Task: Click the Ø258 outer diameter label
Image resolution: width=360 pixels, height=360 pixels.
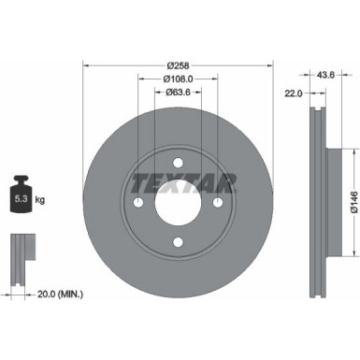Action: (x=178, y=65)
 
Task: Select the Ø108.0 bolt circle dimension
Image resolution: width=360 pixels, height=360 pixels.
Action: (x=178, y=79)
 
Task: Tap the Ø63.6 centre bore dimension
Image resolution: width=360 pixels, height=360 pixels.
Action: (x=178, y=94)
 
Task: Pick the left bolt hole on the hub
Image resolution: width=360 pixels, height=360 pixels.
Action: (x=137, y=204)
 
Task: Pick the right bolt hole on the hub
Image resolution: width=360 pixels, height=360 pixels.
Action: (x=218, y=204)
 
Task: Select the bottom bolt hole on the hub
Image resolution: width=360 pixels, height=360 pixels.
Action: (x=178, y=244)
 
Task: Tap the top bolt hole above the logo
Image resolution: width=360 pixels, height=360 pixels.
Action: (x=178, y=165)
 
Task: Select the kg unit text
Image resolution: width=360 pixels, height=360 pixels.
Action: (x=39, y=200)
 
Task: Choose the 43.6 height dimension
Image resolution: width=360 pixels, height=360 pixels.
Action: (x=328, y=76)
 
